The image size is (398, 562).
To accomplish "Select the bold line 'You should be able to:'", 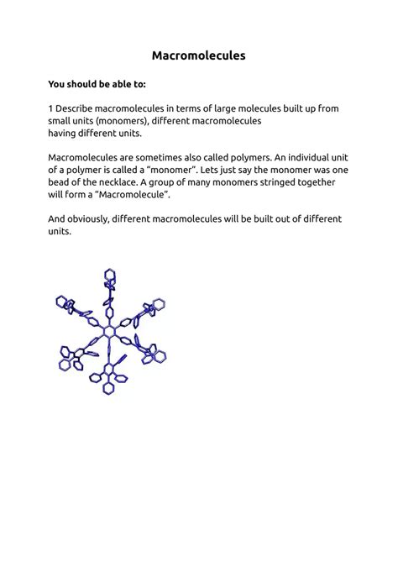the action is (97, 84).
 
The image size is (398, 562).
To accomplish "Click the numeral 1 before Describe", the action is (51, 109).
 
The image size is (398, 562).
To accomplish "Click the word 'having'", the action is (65, 133).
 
